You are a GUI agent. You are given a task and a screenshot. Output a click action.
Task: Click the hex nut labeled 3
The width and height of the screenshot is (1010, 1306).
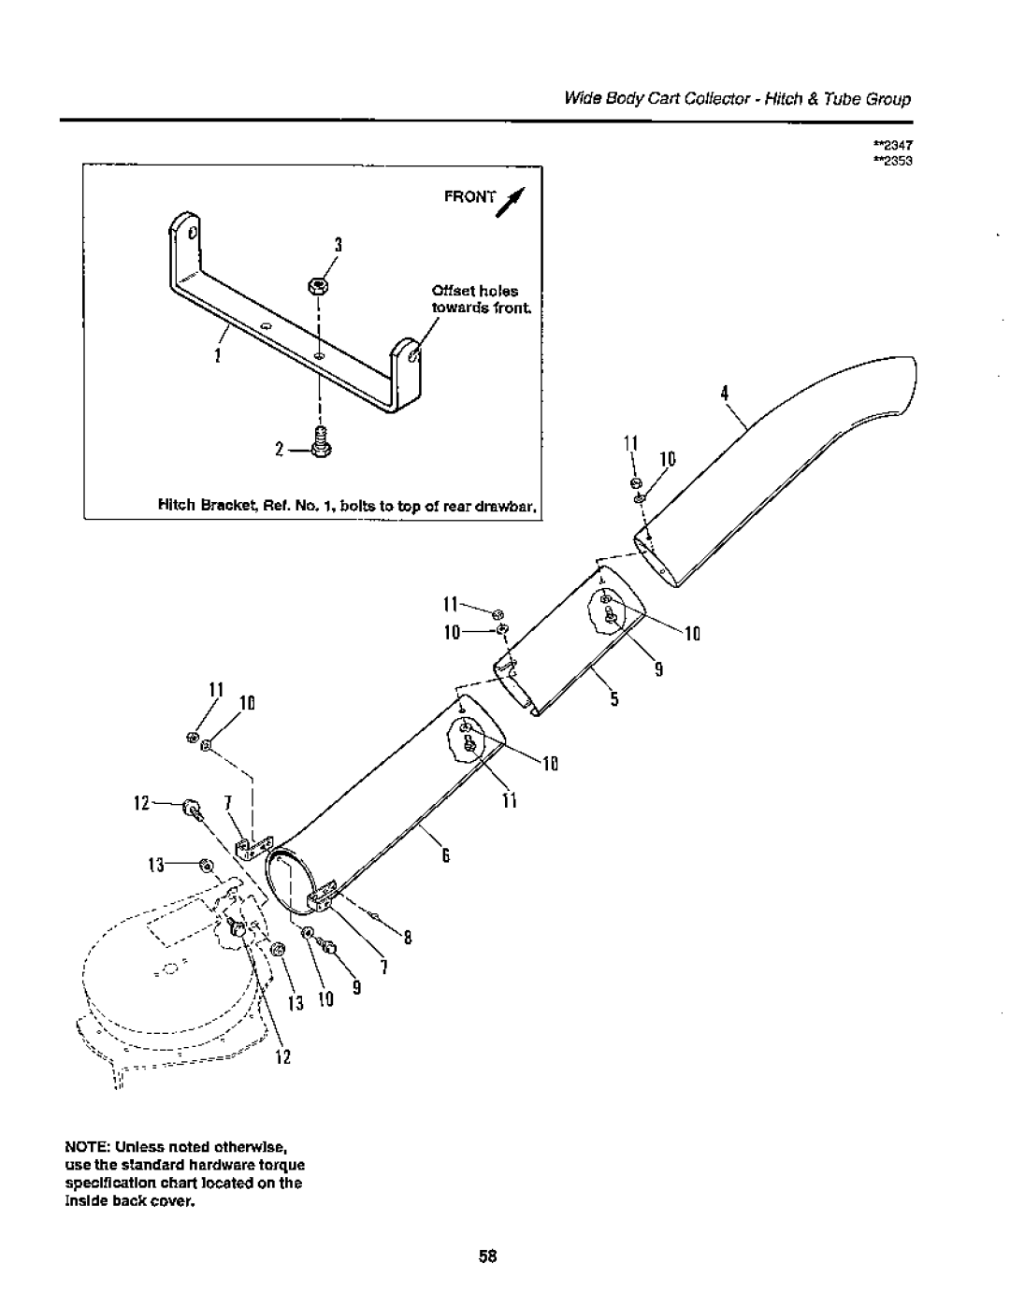tap(318, 286)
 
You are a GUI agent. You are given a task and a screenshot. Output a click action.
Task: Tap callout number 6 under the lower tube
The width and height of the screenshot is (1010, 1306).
tap(446, 853)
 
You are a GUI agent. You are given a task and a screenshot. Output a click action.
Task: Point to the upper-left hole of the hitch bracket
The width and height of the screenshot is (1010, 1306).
tap(193, 231)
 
